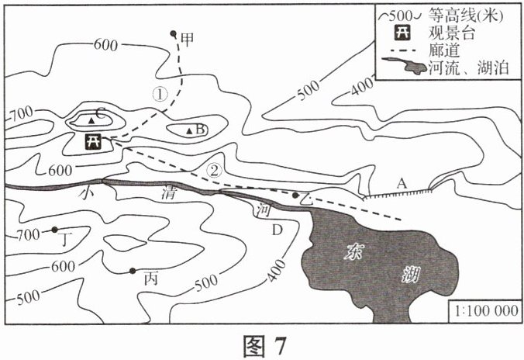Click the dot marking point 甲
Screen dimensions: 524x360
[173, 34]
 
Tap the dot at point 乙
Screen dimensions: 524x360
[295, 194]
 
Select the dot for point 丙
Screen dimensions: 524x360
[133, 270]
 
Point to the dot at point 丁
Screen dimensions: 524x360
[55, 230]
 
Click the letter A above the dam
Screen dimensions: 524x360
[401, 183]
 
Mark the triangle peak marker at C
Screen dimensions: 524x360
[91, 122]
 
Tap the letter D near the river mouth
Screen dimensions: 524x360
[277, 230]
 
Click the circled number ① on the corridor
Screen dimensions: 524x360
[159, 95]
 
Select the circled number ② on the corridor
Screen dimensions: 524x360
[216, 168]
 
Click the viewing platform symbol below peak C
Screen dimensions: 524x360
[93, 141]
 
